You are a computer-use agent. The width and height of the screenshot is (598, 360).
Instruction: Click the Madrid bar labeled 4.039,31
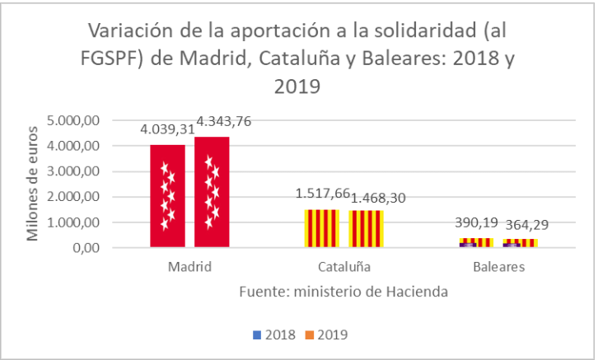tap(167, 196)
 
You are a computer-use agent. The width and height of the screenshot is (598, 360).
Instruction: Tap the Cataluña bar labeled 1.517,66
tap(321, 228)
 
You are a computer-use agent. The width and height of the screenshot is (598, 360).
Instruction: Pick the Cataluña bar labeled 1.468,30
tap(366, 229)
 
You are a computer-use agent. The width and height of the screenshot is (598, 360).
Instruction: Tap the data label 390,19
tap(474, 223)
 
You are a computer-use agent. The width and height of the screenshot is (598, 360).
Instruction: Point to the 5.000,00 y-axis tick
tap(74, 120)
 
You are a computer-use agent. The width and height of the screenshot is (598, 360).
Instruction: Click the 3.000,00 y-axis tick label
tap(74, 171)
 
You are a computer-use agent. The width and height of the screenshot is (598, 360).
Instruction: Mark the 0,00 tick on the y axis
tap(84, 248)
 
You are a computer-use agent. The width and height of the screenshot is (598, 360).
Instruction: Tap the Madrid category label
tap(189, 268)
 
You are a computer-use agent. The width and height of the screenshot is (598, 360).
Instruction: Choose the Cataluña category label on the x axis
tap(343, 268)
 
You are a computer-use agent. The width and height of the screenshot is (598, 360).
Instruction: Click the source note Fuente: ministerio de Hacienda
tap(343, 291)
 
